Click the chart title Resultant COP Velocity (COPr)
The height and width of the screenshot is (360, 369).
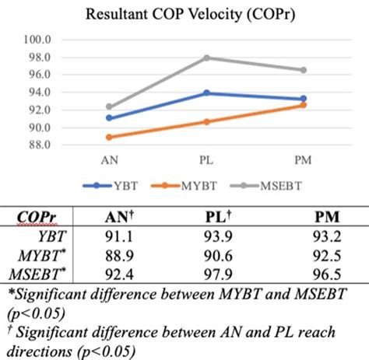tap(184, 13)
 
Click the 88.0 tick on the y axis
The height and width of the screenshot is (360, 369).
tap(39, 145)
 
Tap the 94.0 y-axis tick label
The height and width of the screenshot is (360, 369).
tap(39, 93)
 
